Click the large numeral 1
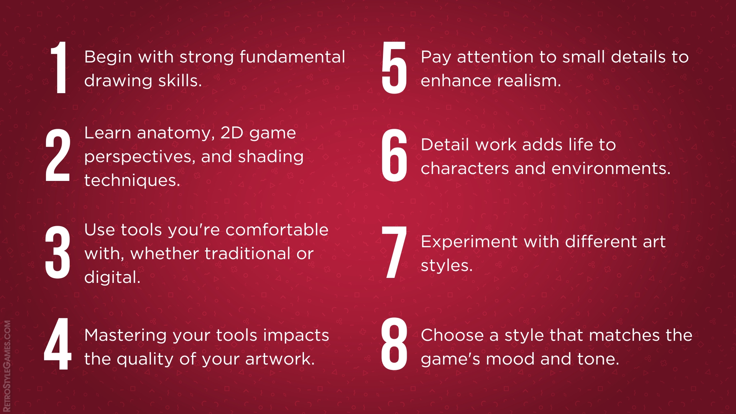[x=60, y=67]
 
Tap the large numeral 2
[x=58, y=155]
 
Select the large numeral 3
[x=58, y=252]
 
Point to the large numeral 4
[x=58, y=344]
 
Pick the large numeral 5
[x=394, y=67]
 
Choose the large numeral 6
[x=394, y=155]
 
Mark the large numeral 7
[x=394, y=252]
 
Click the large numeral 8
[x=394, y=344]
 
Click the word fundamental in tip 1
[x=292, y=57]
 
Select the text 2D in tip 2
[x=232, y=133]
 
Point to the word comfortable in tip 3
[x=277, y=230]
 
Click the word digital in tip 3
[x=112, y=278]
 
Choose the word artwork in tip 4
[x=280, y=359]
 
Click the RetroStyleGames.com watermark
[x=7, y=366]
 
